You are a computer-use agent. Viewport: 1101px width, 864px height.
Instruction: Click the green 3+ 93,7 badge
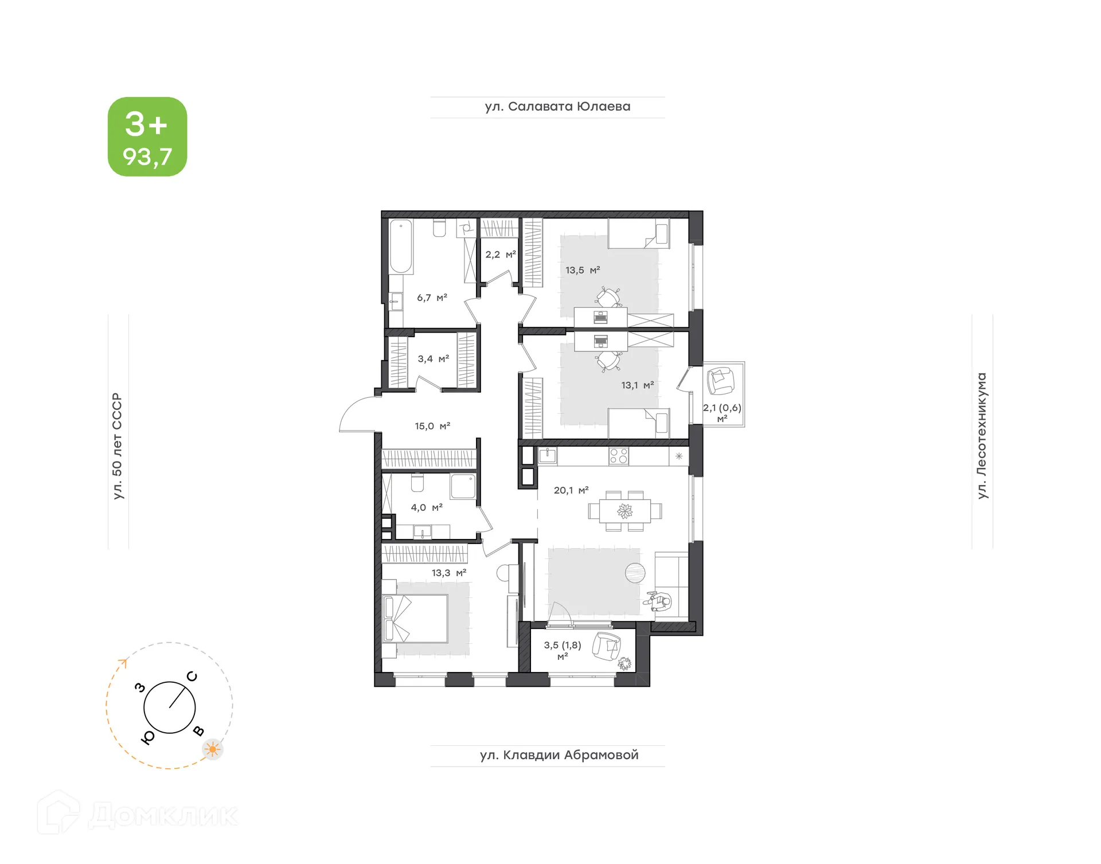tap(147, 136)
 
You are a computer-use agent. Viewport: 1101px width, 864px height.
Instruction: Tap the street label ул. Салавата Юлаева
tap(557, 107)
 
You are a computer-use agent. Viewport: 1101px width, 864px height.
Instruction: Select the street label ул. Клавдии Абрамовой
tap(559, 755)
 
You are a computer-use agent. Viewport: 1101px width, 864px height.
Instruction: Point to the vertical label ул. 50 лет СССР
tap(118, 445)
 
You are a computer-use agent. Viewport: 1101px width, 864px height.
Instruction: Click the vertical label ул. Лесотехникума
tap(982, 436)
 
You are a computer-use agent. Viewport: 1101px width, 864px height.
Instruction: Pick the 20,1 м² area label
tap(571, 490)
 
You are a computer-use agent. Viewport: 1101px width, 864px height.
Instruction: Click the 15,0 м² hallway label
tap(432, 426)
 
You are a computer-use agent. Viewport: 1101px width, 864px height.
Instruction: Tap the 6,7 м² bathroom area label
tap(432, 298)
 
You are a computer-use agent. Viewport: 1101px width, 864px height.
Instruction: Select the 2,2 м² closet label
tap(500, 255)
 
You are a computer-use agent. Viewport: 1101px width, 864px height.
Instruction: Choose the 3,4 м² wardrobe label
tap(433, 359)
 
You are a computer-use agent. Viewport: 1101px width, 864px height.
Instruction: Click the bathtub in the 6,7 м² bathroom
tap(401, 247)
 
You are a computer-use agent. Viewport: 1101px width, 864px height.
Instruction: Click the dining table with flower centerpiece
tap(624, 510)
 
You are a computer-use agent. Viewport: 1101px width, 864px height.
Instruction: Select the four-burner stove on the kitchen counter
tap(619, 456)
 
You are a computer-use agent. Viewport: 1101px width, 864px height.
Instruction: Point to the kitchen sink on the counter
tap(548, 456)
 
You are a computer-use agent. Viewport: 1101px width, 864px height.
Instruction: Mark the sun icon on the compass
tap(213, 749)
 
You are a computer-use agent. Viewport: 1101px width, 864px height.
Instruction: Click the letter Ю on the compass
tap(147, 738)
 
